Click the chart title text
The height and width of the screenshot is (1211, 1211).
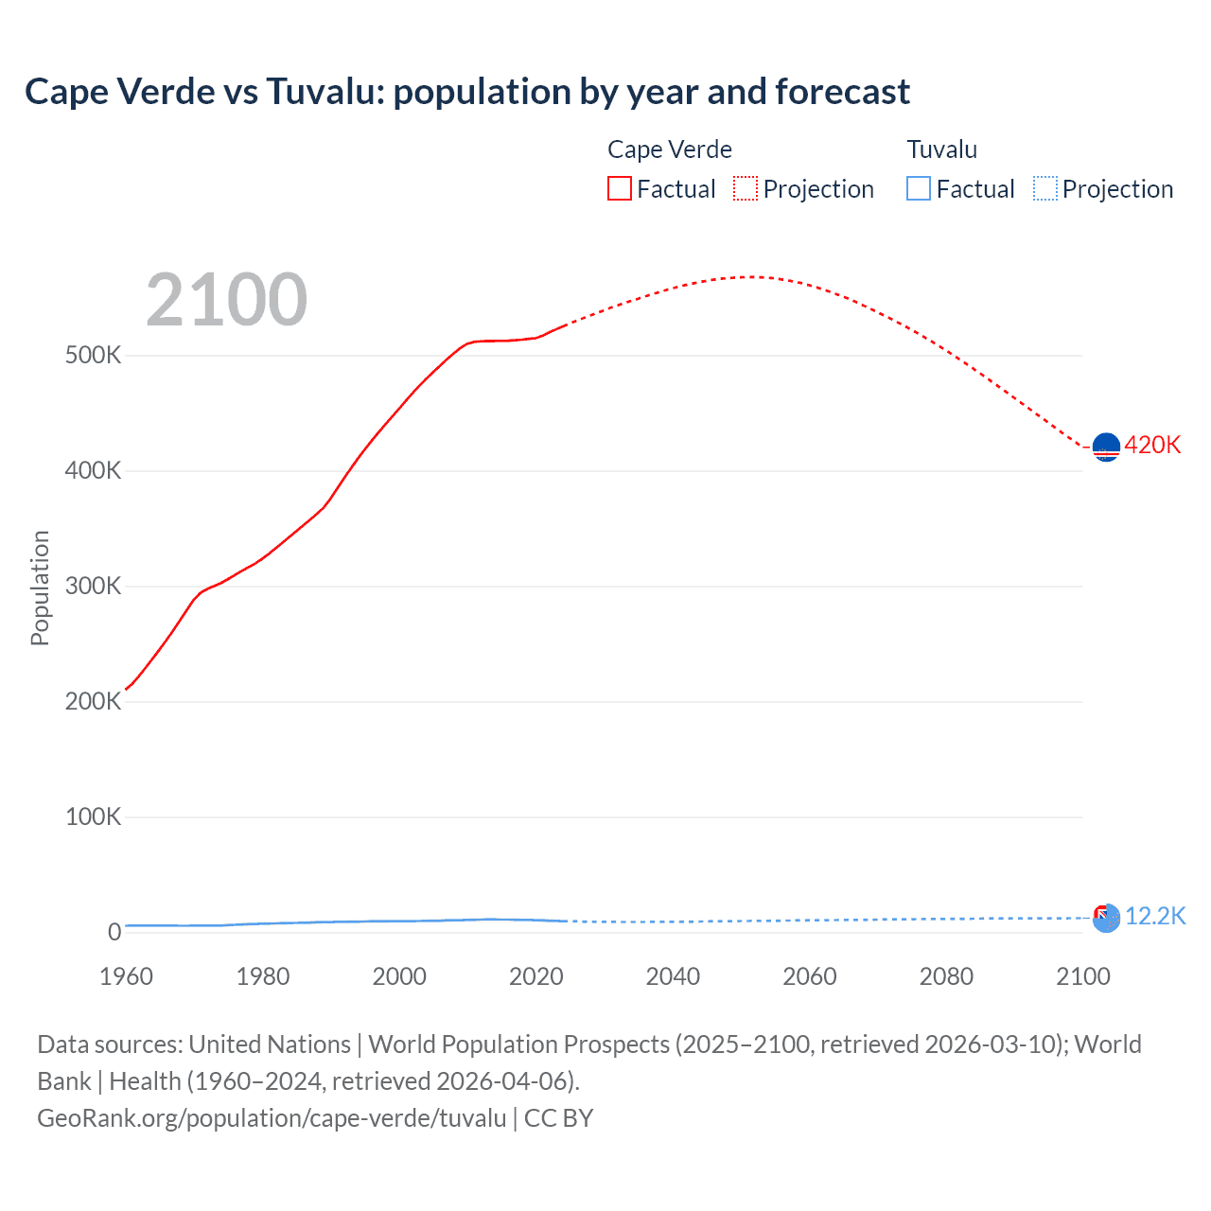[466, 92]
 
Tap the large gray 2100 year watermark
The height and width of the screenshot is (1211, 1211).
[226, 300]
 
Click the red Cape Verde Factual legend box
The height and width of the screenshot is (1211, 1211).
[619, 189]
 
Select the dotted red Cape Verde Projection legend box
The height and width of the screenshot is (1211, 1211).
[746, 189]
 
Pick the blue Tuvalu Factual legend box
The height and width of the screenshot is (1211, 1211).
[918, 189]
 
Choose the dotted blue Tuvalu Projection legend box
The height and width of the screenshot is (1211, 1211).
[1045, 189]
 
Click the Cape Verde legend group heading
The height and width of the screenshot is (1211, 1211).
[669, 149]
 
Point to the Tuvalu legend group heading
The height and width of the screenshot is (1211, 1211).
[941, 149]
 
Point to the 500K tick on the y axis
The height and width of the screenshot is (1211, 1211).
[93, 356]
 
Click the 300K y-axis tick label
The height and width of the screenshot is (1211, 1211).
[93, 587]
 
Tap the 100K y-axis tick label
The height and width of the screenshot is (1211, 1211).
[93, 817]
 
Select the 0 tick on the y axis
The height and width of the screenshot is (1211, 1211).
[114, 932]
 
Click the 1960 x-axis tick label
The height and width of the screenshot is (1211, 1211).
[126, 976]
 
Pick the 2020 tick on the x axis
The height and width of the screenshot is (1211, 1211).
[535, 976]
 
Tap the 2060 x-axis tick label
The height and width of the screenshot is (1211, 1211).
[809, 976]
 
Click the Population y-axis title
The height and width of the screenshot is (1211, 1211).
[40, 588]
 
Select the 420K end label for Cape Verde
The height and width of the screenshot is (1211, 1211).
[1152, 446]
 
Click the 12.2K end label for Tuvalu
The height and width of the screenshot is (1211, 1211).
[1155, 916]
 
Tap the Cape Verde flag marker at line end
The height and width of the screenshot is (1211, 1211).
[1106, 447]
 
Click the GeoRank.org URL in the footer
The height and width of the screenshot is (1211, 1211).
[272, 1118]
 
